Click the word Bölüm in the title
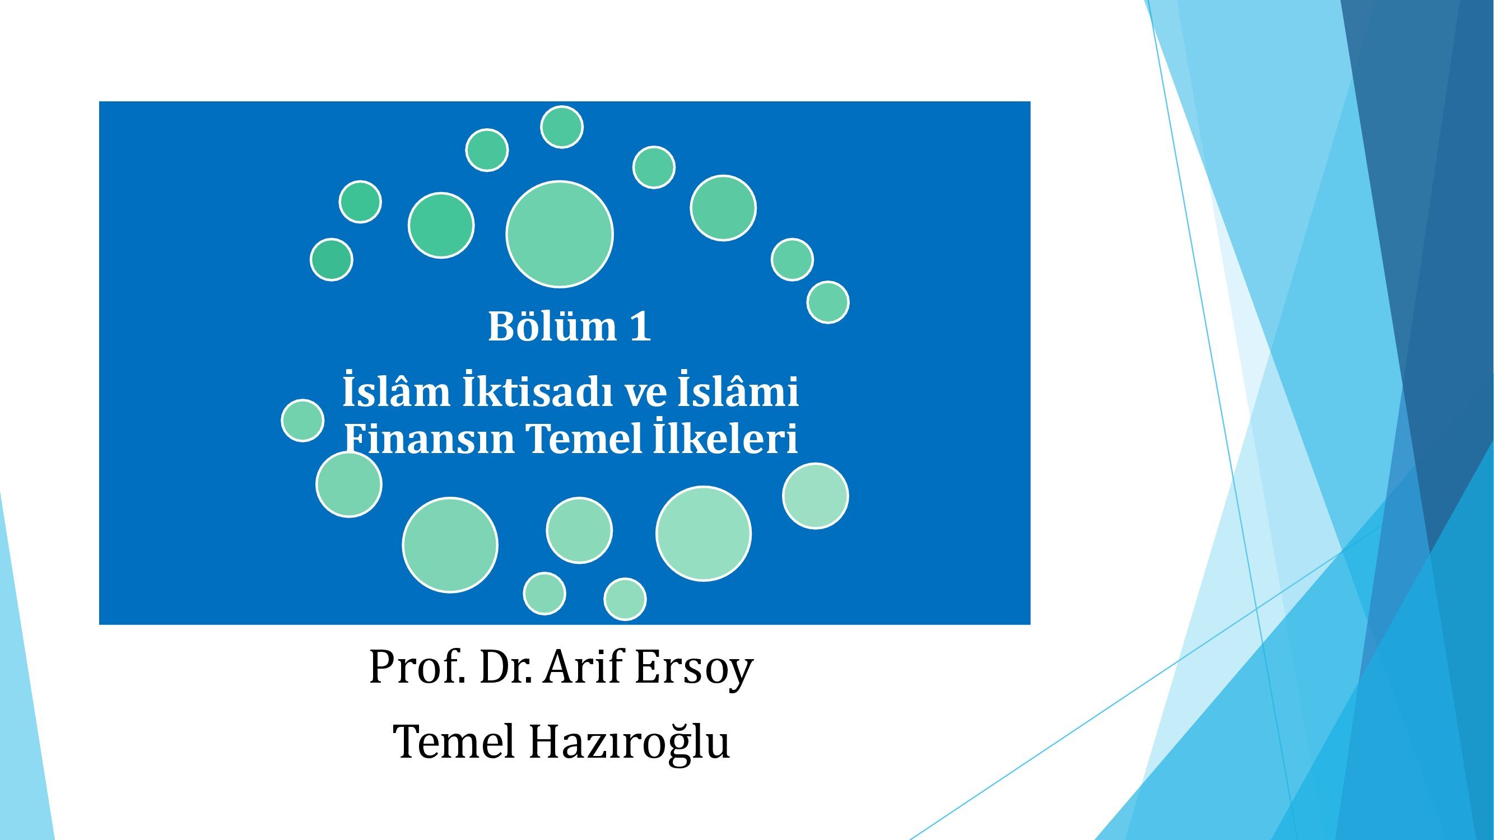(552, 326)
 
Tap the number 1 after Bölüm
(640, 326)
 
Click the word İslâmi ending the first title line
(738, 390)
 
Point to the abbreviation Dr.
(506, 668)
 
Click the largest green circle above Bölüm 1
(560, 234)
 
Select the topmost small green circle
(562, 127)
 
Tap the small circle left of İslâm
(302, 421)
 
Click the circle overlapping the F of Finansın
(349, 484)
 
